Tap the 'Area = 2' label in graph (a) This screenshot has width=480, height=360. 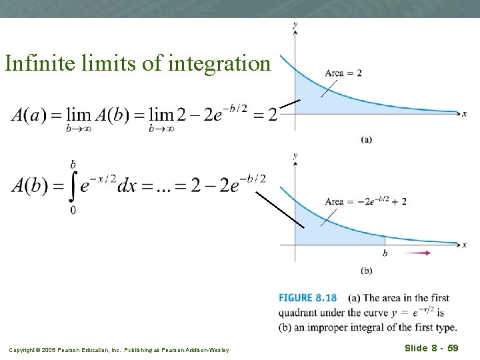click(x=343, y=73)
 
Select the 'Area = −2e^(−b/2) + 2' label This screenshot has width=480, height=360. click(x=365, y=201)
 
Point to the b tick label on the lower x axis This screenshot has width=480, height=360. click(x=385, y=253)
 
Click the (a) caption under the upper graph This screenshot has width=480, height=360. click(x=367, y=139)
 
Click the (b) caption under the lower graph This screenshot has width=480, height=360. click(x=367, y=270)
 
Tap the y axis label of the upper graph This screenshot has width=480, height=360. click(x=295, y=25)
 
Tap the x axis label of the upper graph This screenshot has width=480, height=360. click(x=465, y=114)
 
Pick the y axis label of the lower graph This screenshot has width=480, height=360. click(x=295, y=155)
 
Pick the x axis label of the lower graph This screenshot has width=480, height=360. click(x=465, y=245)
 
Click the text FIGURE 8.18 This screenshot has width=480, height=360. click(x=307, y=298)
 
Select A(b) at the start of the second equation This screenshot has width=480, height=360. click(x=30, y=185)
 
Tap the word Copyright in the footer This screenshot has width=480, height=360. click(x=22, y=350)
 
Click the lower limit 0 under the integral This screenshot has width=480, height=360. click(x=72, y=211)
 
